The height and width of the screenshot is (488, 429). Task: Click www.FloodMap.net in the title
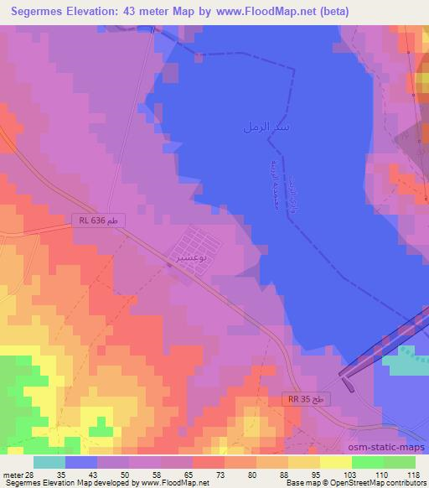258,12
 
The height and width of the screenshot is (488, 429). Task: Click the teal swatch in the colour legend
49,461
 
